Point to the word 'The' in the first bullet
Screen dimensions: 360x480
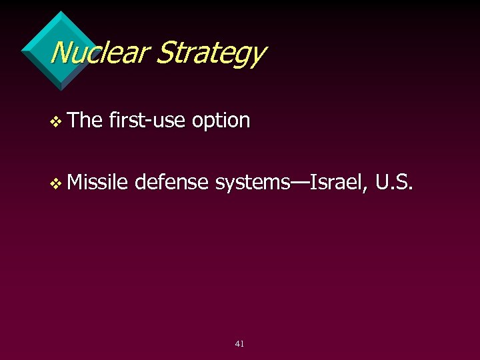pyautogui.click(x=84, y=120)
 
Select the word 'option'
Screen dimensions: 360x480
pyautogui.click(x=221, y=121)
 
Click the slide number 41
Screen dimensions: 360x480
pyautogui.click(x=239, y=344)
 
